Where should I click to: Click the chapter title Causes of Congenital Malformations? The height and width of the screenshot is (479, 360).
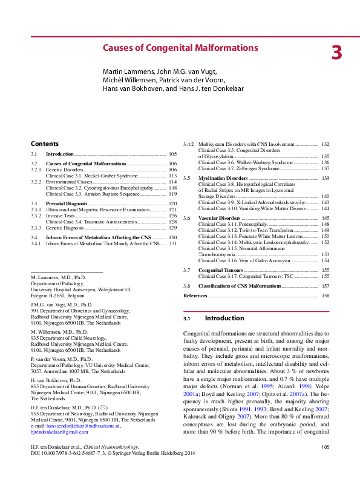point(180,48)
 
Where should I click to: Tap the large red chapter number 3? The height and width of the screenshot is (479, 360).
point(336,53)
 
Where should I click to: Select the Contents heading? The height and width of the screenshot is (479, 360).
point(45,144)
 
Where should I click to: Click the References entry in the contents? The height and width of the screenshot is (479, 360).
point(195,295)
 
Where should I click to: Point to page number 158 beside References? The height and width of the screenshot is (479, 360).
point(325,295)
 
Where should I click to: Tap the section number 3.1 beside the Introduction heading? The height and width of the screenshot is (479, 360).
point(187,319)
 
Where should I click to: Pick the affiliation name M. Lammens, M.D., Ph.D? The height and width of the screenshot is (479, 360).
point(59,276)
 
